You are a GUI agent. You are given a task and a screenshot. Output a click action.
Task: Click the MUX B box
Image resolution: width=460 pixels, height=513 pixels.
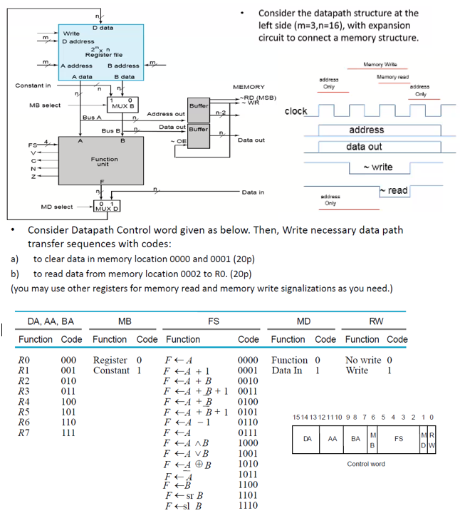[122, 105]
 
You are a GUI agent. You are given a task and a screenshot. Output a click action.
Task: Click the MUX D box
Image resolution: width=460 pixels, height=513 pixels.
[107, 206]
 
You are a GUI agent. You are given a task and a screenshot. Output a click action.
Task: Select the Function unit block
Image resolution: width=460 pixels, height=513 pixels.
[101, 161]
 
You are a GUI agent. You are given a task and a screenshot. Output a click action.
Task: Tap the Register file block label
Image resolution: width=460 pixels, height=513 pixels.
[104, 55]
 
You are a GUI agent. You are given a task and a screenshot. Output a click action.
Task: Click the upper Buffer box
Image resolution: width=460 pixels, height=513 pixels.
[199, 110]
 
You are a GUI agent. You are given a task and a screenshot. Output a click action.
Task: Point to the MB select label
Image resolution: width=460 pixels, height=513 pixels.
[45, 105]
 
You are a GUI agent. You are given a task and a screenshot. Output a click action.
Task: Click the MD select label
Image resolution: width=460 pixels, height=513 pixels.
[57, 207]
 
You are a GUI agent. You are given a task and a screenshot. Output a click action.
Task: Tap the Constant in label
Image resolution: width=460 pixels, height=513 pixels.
[33, 85]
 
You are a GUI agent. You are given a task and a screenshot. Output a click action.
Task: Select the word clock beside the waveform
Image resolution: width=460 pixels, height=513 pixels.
[296, 111]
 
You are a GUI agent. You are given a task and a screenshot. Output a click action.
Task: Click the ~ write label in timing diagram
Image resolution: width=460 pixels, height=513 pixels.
[378, 167]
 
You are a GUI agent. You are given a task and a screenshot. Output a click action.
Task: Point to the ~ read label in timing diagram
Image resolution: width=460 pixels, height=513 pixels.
[394, 190]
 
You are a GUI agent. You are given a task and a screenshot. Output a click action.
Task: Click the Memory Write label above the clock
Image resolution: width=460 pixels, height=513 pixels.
[380, 64]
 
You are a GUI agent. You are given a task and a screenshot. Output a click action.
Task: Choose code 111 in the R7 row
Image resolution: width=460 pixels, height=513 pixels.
[68, 433]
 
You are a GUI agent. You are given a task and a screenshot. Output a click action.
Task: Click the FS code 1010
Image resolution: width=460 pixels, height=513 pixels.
[248, 464]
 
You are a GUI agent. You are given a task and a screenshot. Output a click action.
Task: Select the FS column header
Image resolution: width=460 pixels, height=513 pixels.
[214, 321]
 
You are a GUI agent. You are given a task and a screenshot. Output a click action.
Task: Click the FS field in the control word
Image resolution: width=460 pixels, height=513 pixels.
[399, 439]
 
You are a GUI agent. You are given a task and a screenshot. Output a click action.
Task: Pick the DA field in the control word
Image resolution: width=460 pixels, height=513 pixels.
[308, 439]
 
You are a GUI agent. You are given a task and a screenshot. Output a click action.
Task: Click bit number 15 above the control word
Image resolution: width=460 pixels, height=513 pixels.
[296, 417]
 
